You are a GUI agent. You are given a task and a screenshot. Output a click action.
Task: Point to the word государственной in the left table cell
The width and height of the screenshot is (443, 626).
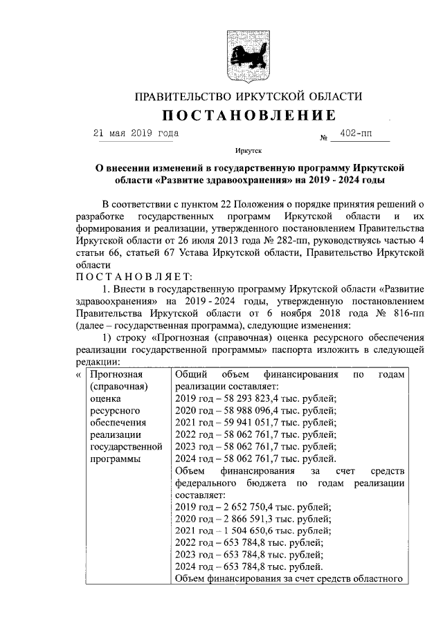(x=126, y=447)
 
